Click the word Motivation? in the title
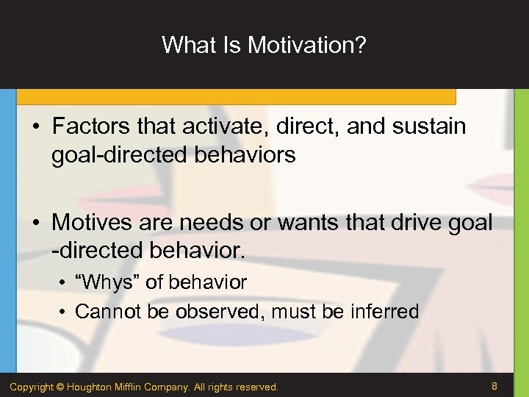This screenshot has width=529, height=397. tap(307, 45)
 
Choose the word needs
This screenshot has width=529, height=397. tap(232, 222)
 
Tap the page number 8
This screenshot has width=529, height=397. tap(494, 385)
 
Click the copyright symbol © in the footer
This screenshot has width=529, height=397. tap(62, 387)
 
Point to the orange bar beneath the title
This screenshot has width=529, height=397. tap(235, 97)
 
